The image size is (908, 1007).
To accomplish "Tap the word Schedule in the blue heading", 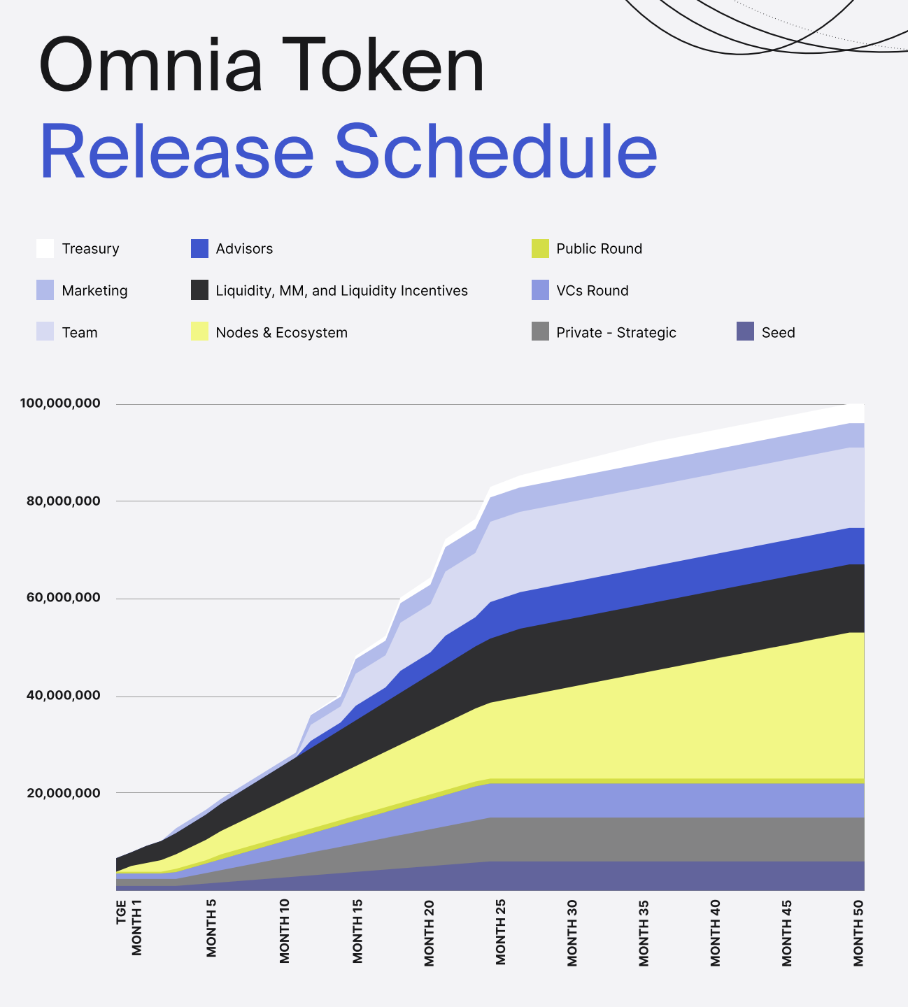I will coord(497,152).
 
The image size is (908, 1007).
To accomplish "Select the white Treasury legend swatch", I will coord(45,248).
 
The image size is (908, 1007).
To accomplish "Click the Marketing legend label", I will coord(94,291).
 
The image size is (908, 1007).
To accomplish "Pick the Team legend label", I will coord(80,333).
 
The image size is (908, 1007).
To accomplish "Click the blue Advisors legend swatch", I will coord(199,248).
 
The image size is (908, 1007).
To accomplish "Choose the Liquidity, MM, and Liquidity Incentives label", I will coord(341,291).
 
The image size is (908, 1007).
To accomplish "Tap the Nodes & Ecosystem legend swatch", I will coord(199,332).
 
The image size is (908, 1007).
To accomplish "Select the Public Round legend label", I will coord(599,249).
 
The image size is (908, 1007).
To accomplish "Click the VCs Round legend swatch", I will coord(540,290).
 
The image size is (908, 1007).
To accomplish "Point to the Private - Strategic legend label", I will coord(616,333).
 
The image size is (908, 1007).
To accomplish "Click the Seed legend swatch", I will coord(745,332).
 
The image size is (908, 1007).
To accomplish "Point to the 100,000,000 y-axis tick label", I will coord(60,403).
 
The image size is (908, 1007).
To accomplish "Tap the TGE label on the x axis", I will coord(122,912).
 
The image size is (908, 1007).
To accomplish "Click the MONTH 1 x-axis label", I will coord(137,927).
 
